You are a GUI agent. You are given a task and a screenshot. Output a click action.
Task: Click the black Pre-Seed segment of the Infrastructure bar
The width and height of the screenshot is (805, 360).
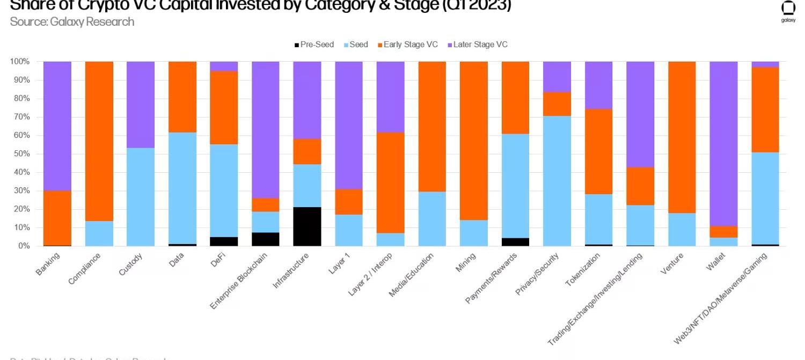pos(307,226)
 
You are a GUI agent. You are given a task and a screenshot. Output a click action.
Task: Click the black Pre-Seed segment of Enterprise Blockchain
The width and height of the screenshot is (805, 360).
pos(266,239)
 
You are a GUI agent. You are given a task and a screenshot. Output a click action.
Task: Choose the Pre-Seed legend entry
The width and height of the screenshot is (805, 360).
pos(314,45)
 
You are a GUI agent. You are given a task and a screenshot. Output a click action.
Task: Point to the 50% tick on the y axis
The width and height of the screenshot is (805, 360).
pos(20,154)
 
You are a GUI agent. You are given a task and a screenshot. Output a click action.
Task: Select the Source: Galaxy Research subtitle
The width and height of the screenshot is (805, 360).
pos(72,22)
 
